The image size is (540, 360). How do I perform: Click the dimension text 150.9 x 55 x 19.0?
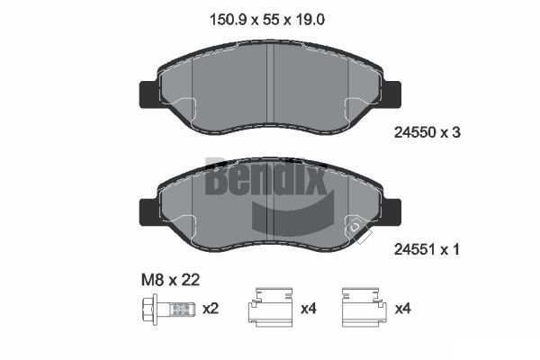(267, 20)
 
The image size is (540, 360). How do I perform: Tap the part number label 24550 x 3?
(427, 132)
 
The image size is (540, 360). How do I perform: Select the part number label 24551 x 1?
(427, 249)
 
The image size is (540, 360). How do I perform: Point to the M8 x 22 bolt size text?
(170, 280)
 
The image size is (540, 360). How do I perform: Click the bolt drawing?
(169, 309)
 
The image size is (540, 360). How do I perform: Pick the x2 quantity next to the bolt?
(211, 309)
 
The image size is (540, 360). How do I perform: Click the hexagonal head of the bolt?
(149, 309)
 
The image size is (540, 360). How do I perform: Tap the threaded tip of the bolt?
(182, 310)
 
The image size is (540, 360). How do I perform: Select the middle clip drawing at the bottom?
(271, 307)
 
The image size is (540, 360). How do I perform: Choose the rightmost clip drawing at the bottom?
(364, 307)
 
